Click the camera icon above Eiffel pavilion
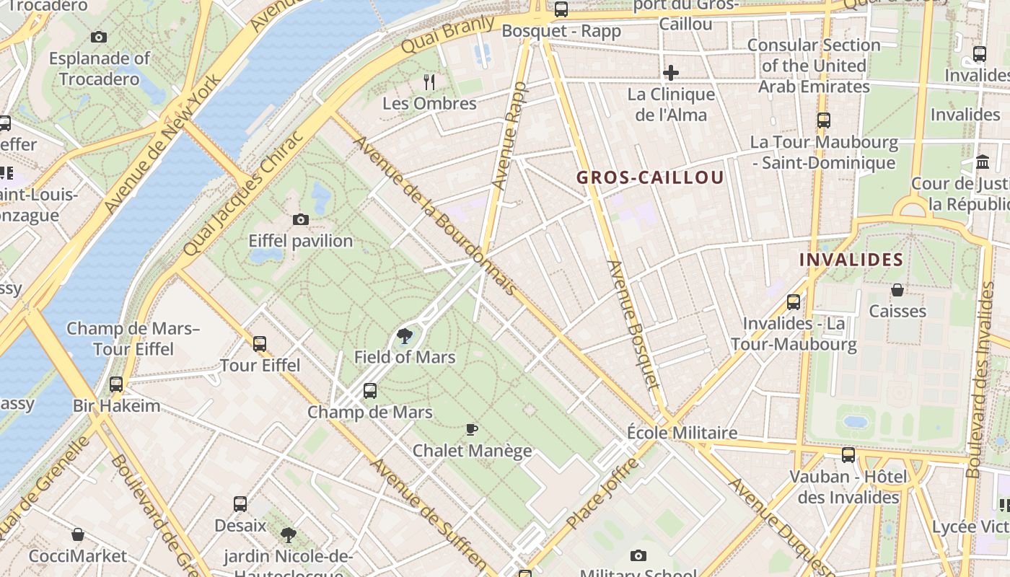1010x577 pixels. [x=301, y=219]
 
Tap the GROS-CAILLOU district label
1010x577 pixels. [x=650, y=177]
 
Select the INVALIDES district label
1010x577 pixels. [x=851, y=260]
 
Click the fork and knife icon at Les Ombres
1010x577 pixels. [x=429, y=81]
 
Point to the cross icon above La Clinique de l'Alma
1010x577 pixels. [x=671, y=72]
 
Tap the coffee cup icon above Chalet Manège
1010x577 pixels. [x=472, y=430]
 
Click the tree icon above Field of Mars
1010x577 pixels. [x=405, y=335]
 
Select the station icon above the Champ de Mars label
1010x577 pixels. [x=370, y=391]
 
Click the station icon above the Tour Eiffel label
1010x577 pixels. [x=260, y=344]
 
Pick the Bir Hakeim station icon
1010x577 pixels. [x=116, y=384]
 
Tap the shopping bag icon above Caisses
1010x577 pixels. [x=897, y=290]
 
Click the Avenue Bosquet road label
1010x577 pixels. [x=633, y=325]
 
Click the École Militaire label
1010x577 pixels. [x=682, y=433]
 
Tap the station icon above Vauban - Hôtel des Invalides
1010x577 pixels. [x=848, y=455]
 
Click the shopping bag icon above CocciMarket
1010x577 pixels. [x=78, y=534]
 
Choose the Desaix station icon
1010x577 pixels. [x=240, y=504]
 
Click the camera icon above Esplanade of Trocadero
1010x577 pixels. [x=99, y=37]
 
